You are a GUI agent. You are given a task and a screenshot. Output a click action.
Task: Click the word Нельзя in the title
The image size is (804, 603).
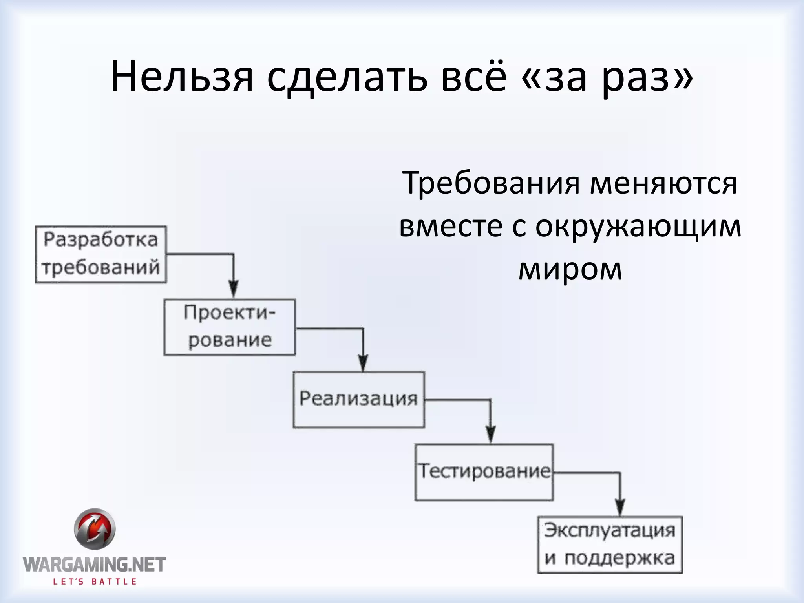[x=182, y=77]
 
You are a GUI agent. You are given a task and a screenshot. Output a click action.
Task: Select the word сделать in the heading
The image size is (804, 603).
[x=347, y=77]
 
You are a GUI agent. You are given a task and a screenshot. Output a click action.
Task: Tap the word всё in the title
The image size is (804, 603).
[x=474, y=77]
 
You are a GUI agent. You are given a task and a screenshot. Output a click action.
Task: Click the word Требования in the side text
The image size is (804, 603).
[x=490, y=183]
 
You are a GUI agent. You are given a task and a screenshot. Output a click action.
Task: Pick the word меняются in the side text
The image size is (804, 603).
[x=663, y=183]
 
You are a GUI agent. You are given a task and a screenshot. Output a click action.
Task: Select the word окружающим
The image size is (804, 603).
[x=638, y=227]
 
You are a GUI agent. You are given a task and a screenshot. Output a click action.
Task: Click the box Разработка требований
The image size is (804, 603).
[x=100, y=254]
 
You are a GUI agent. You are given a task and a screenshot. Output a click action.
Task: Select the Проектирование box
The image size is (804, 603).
[x=230, y=327]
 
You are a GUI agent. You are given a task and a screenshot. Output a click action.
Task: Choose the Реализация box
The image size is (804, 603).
[x=358, y=399]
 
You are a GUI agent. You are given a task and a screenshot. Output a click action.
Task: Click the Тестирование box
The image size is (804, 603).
[x=484, y=472]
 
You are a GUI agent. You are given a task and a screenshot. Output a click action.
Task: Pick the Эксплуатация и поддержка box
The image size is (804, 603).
[x=610, y=545]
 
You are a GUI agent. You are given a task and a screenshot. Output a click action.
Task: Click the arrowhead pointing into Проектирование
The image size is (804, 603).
[x=234, y=289]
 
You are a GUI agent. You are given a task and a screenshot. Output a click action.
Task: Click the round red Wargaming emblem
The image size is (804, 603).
[x=95, y=529]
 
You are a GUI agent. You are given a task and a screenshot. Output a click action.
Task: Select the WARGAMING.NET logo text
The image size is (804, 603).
[x=94, y=565]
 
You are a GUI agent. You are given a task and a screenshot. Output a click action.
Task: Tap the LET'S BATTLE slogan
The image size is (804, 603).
[x=95, y=581]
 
